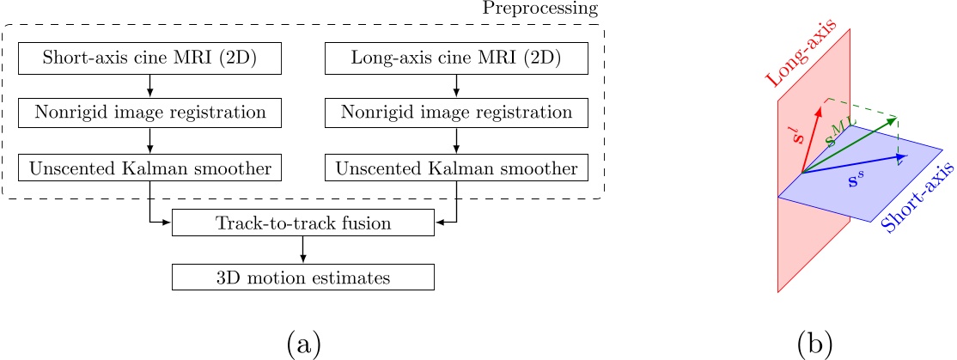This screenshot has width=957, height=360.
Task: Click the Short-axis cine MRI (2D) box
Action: coord(150,58)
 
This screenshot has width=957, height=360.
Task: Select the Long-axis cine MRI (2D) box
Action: coord(456,58)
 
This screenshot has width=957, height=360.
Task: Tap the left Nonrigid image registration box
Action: coord(150,113)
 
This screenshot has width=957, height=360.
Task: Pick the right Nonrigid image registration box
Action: coord(456,113)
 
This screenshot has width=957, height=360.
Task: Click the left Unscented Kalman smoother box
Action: coord(150,167)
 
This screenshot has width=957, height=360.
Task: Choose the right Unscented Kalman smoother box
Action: coord(456,167)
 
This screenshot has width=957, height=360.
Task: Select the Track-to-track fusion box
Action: coord(303,223)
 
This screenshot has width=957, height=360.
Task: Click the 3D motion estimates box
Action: coord(303,277)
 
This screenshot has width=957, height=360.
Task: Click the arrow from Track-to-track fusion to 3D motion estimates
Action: coord(303,249)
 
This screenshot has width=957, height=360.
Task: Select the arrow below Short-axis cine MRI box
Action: coord(150,86)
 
